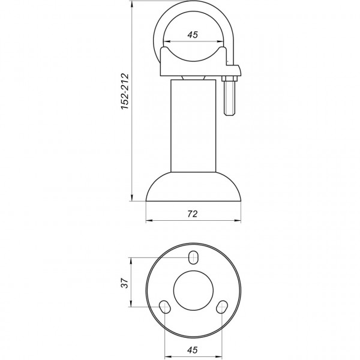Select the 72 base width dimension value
pyautogui.click(x=193, y=213)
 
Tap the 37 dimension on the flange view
pyautogui.click(x=124, y=282)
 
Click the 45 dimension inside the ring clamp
pyautogui.click(x=193, y=35)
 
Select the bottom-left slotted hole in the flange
pyautogui.click(x=163, y=307)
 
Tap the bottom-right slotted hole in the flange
pyautogui.click(x=222, y=307)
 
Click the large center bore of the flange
pyautogui.click(x=193, y=289)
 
